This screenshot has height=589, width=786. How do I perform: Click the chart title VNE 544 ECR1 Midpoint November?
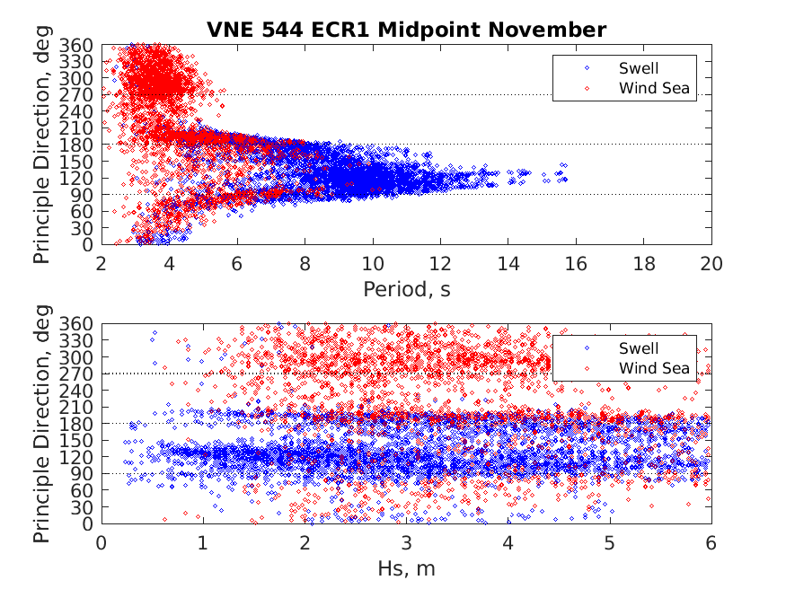click(405, 30)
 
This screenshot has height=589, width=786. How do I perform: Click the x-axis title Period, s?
click(406, 288)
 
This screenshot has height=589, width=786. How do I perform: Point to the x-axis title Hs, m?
click(406, 567)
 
